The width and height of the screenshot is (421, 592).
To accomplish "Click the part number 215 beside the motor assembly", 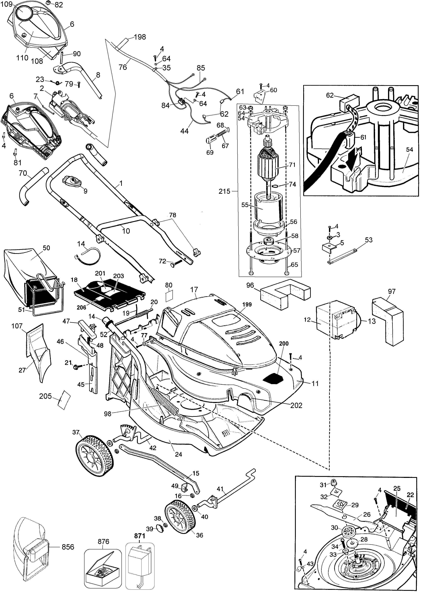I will [x=224, y=191].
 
